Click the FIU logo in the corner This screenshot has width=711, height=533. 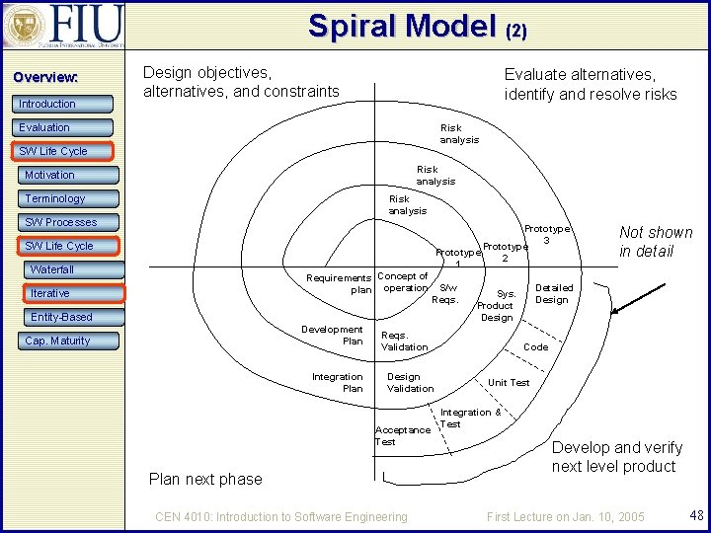click(x=64, y=27)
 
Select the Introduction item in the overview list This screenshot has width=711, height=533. click(x=46, y=104)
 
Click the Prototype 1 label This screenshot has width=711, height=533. click(x=458, y=258)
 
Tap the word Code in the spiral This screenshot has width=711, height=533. click(x=535, y=347)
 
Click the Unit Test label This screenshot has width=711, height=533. click(x=509, y=383)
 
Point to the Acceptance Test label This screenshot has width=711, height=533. click(x=402, y=435)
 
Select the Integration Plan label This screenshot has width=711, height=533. click(x=337, y=382)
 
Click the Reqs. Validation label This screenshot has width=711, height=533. click(x=404, y=341)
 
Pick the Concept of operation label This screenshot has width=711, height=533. click(x=403, y=281)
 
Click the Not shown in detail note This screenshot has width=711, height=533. click(x=656, y=242)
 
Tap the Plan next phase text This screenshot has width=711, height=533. click(x=205, y=479)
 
